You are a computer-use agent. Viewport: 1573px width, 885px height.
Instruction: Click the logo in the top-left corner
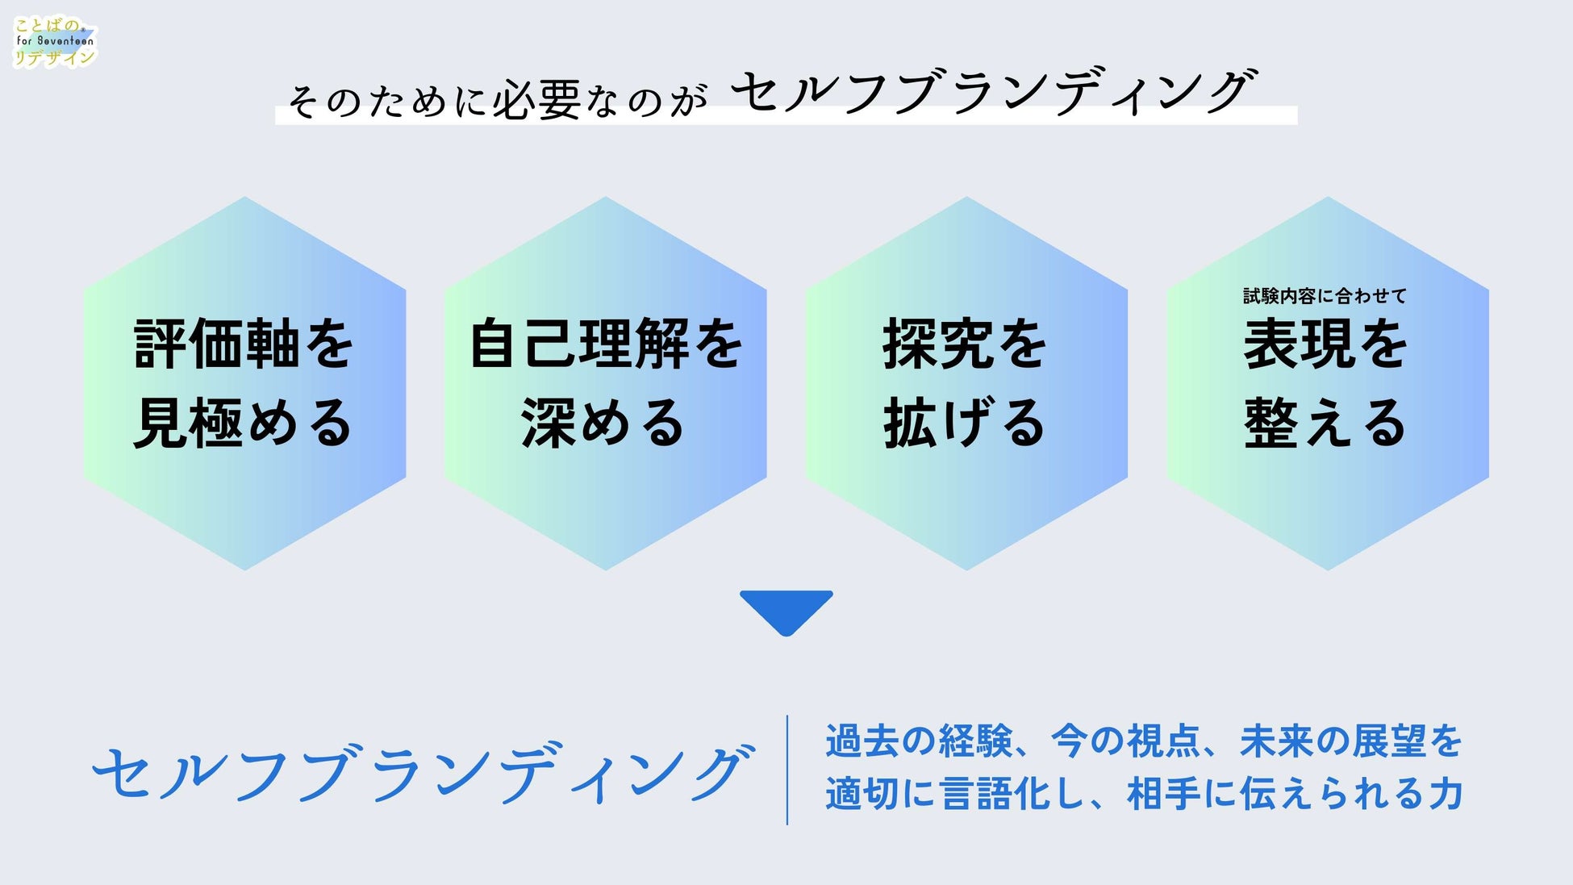(x=54, y=42)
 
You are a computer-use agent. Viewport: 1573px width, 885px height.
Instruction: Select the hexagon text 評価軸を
(x=244, y=344)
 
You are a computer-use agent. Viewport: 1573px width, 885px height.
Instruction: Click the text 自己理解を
(x=605, y=344)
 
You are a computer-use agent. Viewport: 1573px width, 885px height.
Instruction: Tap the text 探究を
(x=965, y=344)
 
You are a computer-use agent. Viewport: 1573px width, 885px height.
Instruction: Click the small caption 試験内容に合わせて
(x=1325, y=296)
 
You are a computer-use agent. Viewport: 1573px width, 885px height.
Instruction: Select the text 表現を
(x=1325, y=344)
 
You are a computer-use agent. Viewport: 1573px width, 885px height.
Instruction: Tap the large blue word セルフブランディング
(x=423, y=773)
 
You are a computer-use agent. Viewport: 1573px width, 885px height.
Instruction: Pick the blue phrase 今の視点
(x=1126, y=741)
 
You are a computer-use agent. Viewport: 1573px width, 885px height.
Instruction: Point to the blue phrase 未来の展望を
(x=1350, y=741)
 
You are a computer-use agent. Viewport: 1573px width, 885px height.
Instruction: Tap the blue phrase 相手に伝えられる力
(x=1296, y=794)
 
